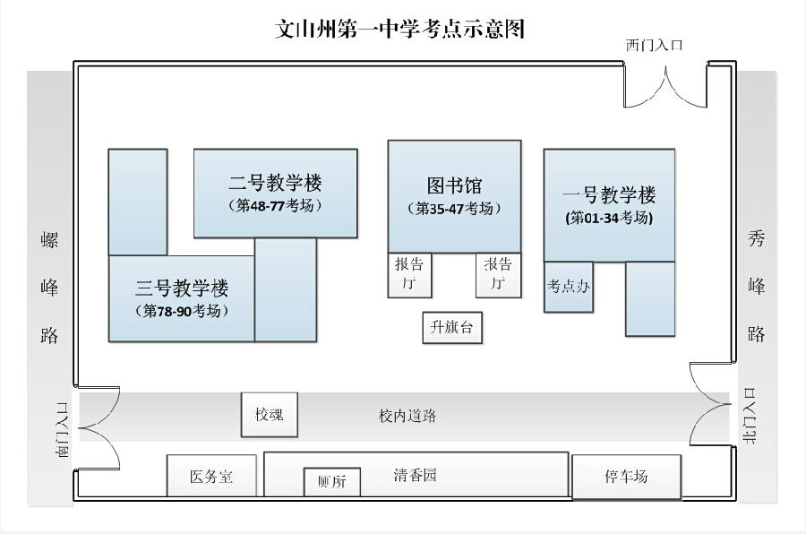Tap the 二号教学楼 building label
pos(275,184)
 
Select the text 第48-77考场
pos(275,206)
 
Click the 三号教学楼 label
pos(182,289)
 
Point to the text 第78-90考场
pos(182,311)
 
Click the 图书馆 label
pos(454,185)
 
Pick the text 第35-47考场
pos(454,208)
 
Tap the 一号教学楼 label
pos(609,195)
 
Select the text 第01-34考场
pos(609,218)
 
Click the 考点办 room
pos(568,287)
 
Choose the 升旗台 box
pos(451,328)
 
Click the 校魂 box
pos(269,415)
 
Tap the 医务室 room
pos(212,477)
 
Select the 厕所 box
pos(331,482)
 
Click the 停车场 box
pos(626,477)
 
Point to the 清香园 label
pos(416,475)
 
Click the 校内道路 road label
pos(407,417)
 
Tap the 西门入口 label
pos(655,45)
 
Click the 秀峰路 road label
pos(757,287)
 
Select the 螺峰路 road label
pos(50,287)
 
